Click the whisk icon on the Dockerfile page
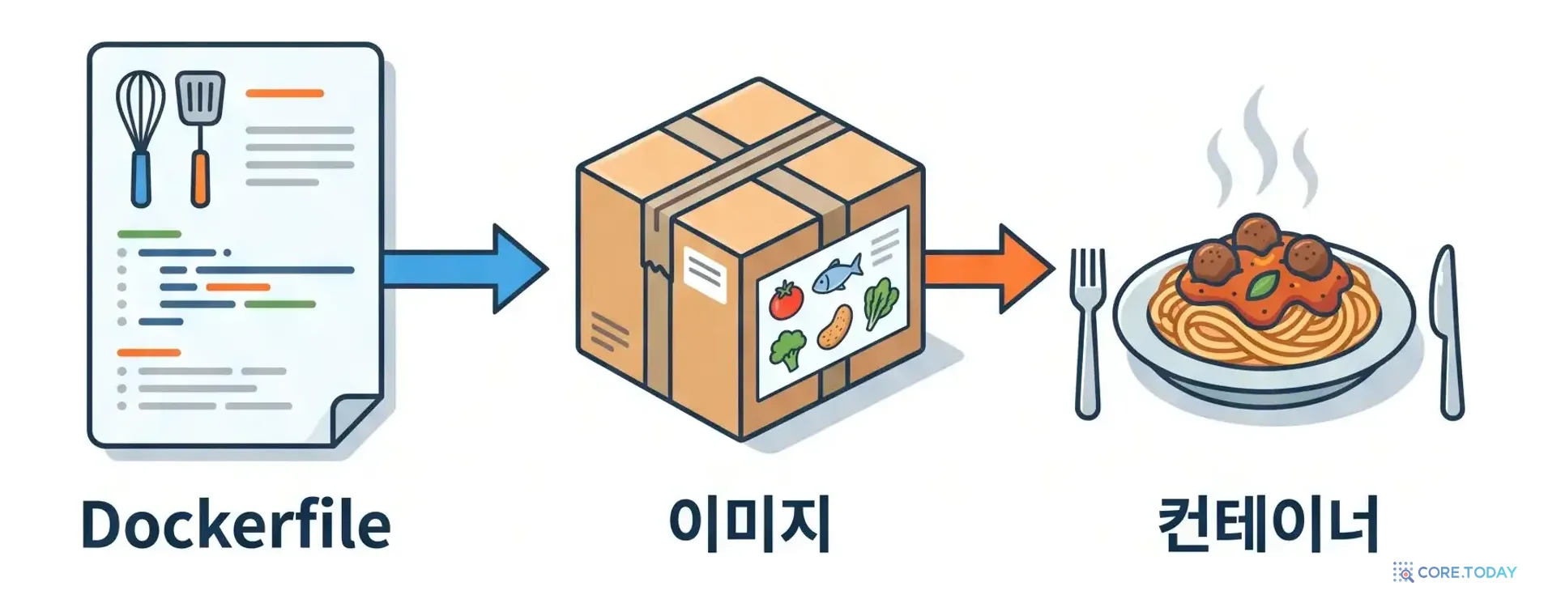141,138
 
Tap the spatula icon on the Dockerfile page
200,138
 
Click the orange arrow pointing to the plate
988,268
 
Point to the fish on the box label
837,273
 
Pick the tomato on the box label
785,300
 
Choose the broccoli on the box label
787,350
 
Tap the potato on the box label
835,326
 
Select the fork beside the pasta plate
1087,333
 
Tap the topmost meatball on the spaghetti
1256,234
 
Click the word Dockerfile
236,525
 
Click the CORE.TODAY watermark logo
1455,572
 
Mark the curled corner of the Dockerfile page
357,419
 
